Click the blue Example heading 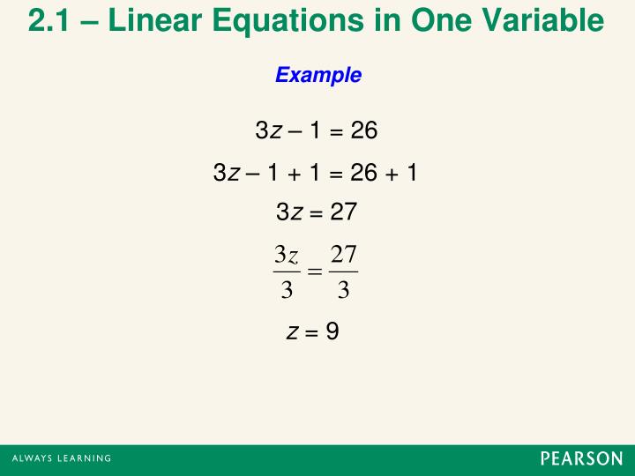(318, 76)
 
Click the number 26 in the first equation (363, 132)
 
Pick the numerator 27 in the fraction (342, 255)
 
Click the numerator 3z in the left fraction (286, 255)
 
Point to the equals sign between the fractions (314, 272)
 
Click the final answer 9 (332, 331)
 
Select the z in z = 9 (303, 332)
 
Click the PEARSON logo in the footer (581, 459)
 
